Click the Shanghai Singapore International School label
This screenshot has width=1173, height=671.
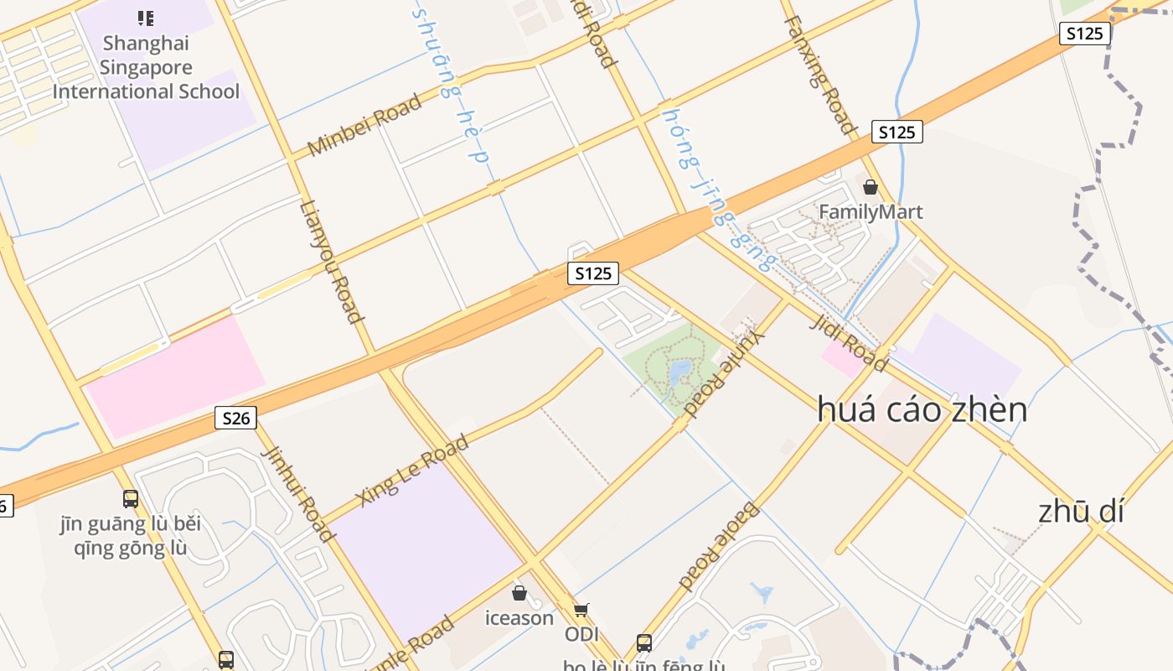pyautogui.click(x=146, y=67)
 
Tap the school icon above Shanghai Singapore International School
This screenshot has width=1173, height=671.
pyautogui.click(x=146, y=18)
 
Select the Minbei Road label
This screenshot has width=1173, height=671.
pyautogui.click(x=364, y=125)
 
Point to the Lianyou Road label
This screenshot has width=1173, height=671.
pyautogui.click(x=332, y=262)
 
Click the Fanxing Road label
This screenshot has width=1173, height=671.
pyautogui.click(x=821, y=75)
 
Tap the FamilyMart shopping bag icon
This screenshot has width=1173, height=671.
pyautogui.click(x=871, y=187)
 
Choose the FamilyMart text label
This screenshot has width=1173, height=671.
pyautogui.click(x=871, y=211)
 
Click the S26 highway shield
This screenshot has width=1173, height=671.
pyautogui.click(x=235, y=418)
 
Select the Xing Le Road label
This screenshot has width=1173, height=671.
pyautogui.click(x=412, y=471)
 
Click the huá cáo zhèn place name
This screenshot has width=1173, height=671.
pyautogui.click(x=922, y=409)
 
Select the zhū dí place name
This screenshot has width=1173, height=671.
pyautogui.click(x=1081, y=511)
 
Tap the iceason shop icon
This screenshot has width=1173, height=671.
pyautogui.click(x=519, y=594)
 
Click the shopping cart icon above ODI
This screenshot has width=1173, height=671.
pyautogui.click(x=581, y=610)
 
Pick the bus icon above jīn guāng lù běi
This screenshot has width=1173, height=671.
pyautogui.click(x=131, y=499)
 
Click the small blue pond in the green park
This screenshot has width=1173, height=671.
pyautogui.click(x=680, y=370)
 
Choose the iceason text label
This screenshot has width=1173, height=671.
pyautogui.click(x=519, y=618)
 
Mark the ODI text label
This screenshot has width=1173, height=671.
pyautogui.click(x=581, y=634)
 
